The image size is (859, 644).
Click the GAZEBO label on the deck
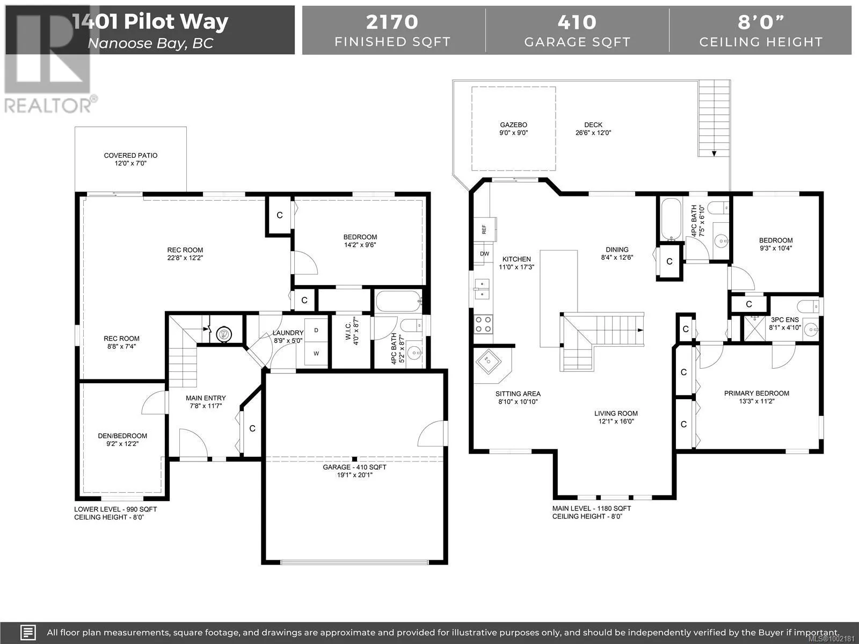[513, 125]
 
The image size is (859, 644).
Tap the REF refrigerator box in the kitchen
[485, 230]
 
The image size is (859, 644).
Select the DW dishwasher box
[484, 254]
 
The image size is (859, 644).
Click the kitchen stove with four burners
[483, 325]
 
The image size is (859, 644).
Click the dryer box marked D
[316, 331]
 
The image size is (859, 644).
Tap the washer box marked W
[316, 354]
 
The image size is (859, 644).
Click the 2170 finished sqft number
[392, 23]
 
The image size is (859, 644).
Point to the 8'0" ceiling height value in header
[761, 23]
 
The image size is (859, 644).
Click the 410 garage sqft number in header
[577, 23]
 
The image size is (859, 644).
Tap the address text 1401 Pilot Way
[151, 21]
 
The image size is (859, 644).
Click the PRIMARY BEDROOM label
[756, 393]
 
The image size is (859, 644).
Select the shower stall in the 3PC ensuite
[754, 328]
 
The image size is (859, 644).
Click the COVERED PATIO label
[130, 155]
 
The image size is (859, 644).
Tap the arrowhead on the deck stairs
[714, 153]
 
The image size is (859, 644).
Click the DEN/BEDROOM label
[122, 436]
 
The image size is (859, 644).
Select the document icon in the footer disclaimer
[28, 632]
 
